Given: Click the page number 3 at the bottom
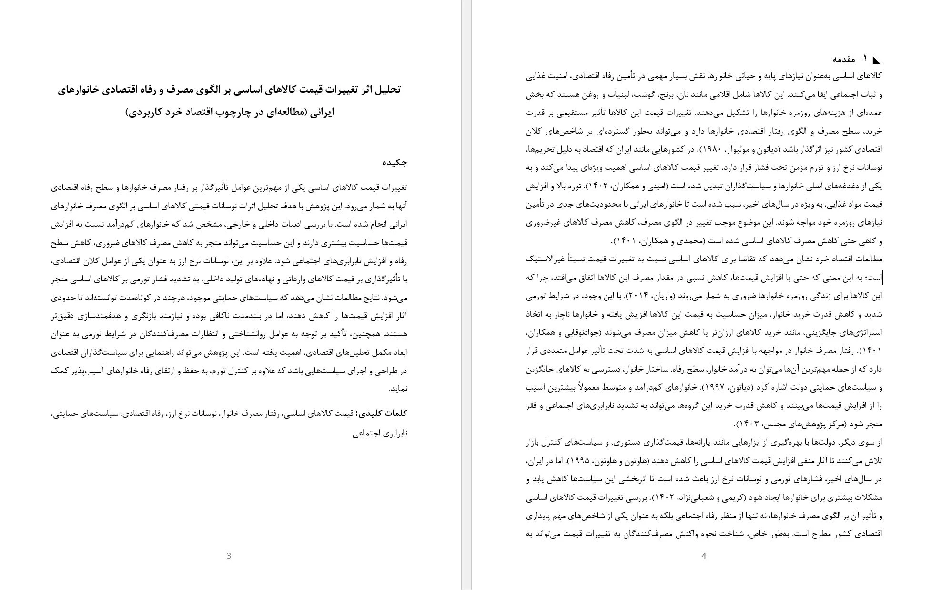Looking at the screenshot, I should [229, 556].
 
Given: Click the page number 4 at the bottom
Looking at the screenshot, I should [704, 556].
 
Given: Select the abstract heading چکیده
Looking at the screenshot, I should [395, 163].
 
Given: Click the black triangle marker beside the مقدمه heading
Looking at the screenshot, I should [876, 60].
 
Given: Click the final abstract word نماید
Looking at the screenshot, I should [398, 389].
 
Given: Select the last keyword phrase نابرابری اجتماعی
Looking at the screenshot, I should [380, 434].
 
